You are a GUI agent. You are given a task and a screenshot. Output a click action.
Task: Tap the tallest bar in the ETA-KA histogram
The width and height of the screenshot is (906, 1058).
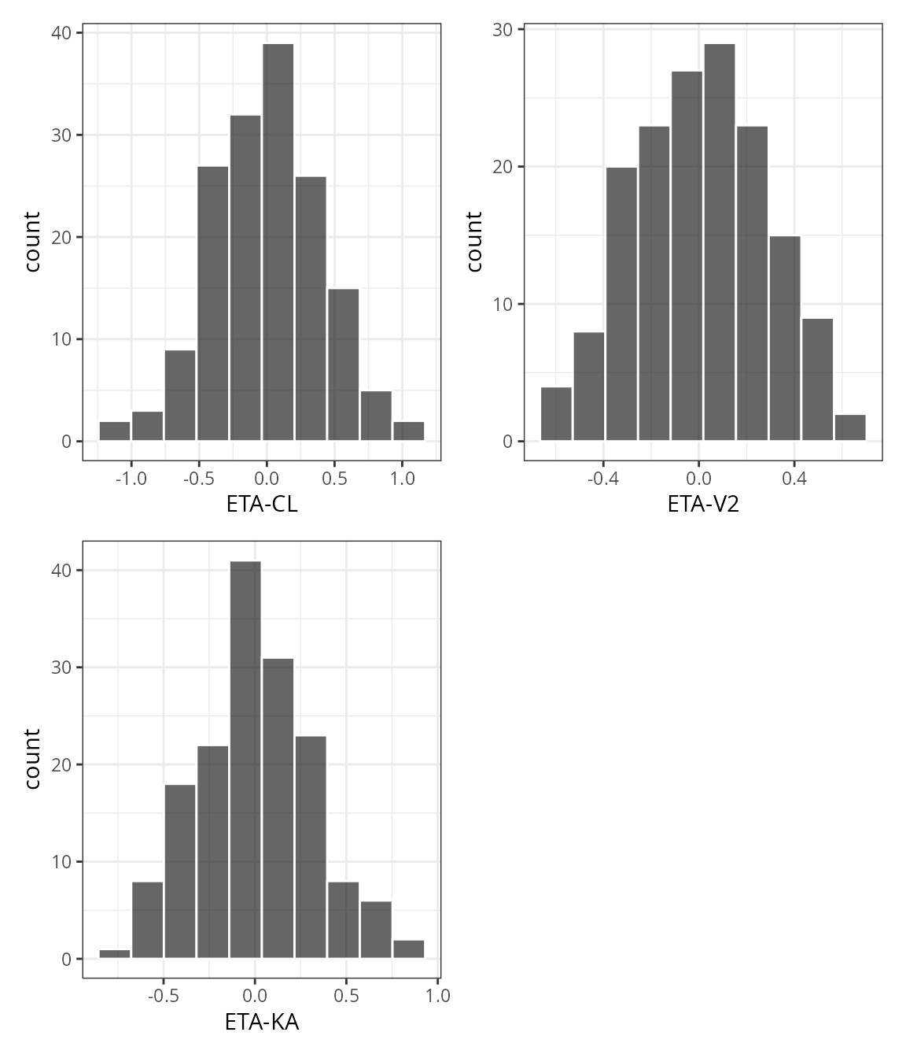click(245, 759)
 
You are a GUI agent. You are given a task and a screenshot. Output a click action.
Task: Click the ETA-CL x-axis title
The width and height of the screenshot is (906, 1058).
click(262, 505)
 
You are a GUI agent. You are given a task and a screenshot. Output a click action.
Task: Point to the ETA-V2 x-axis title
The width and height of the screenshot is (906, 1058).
click(703, 505)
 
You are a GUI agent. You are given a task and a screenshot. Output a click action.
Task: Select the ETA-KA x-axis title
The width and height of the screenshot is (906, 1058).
click(262, 1023)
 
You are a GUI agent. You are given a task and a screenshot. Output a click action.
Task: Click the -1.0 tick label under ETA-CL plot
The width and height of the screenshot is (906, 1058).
click(131, 479)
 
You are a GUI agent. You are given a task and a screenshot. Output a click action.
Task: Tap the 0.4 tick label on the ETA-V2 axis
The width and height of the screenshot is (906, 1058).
click(794, 479)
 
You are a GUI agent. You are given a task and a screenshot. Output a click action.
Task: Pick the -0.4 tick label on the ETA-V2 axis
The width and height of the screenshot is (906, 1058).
click(602, 479)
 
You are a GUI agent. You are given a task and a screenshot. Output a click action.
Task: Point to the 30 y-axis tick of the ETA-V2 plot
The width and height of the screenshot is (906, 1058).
click(503, 30)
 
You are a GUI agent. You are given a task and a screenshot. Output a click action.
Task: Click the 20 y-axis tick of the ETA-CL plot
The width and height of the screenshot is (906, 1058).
click(61, 237)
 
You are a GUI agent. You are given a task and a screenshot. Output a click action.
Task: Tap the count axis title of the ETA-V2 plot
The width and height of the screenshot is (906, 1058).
click(473, 241)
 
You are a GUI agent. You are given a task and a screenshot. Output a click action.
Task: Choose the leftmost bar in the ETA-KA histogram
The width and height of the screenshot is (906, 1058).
click(115, 954)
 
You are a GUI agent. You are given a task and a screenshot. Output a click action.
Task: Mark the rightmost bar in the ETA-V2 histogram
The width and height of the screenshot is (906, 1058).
click(850, 427)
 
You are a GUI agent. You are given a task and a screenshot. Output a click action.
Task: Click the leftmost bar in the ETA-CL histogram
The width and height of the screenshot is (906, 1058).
click(115, 431)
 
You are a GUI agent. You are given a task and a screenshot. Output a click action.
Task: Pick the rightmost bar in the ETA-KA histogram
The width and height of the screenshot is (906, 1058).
click(408, 949)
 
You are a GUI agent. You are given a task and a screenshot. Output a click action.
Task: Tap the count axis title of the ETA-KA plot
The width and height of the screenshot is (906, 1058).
click(32, 758)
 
